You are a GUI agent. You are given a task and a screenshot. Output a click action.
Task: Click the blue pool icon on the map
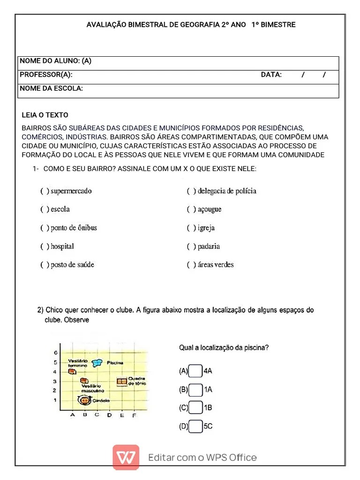point(97,362)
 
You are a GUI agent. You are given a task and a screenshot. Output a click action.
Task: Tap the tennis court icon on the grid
point(122,382)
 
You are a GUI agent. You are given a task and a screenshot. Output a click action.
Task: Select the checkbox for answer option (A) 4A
point(195,371)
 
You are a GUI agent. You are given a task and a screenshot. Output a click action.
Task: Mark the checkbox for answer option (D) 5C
point(195,427)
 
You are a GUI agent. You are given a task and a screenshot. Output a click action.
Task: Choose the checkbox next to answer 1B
point(195,408)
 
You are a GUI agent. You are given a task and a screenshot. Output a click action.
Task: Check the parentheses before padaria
point(191,247)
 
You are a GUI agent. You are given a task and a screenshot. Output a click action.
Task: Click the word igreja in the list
point(206,228)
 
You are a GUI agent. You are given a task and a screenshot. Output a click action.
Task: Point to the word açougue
point(210,210)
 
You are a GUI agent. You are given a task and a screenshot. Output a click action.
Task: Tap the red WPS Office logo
point(126,457)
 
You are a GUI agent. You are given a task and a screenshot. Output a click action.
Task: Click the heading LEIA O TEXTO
point(45,115)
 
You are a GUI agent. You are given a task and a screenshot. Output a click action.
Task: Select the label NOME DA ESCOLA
point(51,89)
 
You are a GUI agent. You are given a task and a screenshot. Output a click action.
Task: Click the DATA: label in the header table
point(271,75)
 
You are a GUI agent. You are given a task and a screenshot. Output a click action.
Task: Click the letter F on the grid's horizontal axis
point(134,415)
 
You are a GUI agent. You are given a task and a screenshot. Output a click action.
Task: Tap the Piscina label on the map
point(115,363)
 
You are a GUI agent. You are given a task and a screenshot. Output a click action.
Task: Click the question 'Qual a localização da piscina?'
point(224,348)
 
